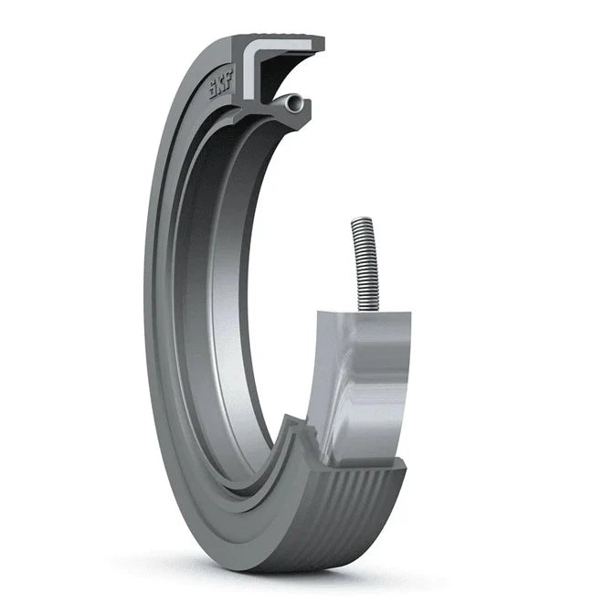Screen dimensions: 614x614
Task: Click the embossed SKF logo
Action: (x=221, y=85)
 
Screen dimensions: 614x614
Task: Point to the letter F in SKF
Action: (x=229, y=78)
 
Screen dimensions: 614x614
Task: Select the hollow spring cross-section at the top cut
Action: (x=294, y=103)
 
